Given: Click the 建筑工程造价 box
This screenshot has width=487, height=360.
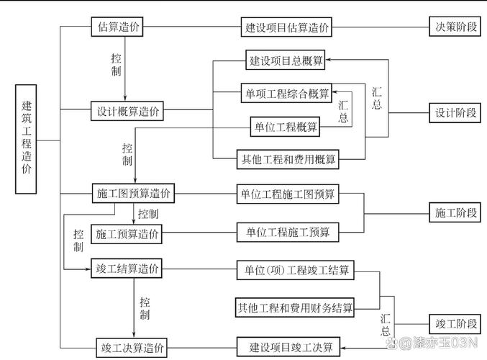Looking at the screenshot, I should point(26,140).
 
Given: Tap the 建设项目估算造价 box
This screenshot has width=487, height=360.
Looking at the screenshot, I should point(287,28).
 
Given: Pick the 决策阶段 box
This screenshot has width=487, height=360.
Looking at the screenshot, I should point(455,27).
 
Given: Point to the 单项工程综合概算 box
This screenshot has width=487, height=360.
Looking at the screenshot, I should point(286,94).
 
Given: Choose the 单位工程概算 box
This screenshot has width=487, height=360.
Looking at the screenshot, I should point(286,127).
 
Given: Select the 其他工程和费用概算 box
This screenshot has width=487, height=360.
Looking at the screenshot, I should point(287,159).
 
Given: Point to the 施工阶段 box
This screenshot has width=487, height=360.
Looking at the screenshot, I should point(455,213).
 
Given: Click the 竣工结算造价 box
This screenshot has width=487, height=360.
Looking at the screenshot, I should point(127,269).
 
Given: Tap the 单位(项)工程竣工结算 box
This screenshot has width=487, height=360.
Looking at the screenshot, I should point(295,271).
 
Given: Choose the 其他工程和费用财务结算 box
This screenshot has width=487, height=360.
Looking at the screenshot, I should point(295,308).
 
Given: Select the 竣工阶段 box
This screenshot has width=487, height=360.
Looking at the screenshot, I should point(455,322).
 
